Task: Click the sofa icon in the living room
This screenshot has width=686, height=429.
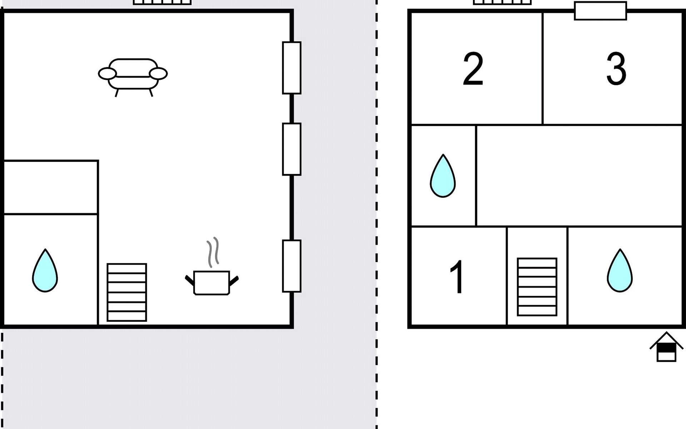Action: (x=133, y=77)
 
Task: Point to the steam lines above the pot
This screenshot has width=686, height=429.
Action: (x=213, y=252)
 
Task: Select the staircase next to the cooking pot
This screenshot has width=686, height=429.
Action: (x=127, y=292)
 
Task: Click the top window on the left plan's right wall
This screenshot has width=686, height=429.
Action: (x=292, y=68)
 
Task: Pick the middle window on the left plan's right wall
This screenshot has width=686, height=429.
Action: (x=292, y=149)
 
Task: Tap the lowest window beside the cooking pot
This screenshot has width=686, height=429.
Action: (x=292, y=266)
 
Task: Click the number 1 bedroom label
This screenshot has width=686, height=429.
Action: (x=457, y=276)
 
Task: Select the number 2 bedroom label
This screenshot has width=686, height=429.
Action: (x=473, y=69)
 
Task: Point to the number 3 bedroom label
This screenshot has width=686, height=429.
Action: (x=616, y=69)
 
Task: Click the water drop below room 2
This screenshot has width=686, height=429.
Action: (x=443, y=176)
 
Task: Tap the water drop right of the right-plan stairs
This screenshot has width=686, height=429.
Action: (x=620, y=271)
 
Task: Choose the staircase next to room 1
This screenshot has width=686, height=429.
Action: (x=537, y=287)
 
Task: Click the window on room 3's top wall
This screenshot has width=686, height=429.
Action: (x=600, y=11)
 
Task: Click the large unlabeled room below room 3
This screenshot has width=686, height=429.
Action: (x=579, y=176)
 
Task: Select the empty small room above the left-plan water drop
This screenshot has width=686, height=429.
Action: (x=50, y=187)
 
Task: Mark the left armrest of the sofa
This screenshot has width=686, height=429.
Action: (x=107, y=74)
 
